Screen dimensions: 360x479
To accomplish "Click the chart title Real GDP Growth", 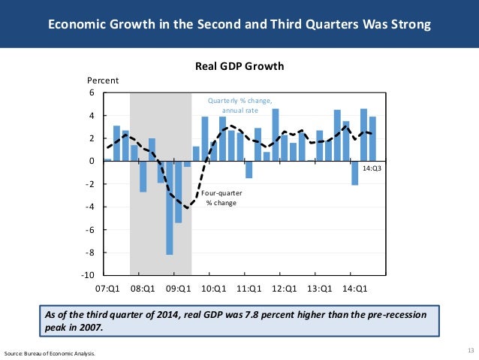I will click(x=239, y=66).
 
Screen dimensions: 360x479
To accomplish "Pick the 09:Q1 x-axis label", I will click(x=178, y=288).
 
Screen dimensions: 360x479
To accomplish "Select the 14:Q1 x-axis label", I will click(x=354, y=288).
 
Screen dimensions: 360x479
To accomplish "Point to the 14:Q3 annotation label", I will click(x=372, y=168).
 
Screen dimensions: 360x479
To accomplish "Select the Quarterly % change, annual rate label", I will click(x=239, y=105).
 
